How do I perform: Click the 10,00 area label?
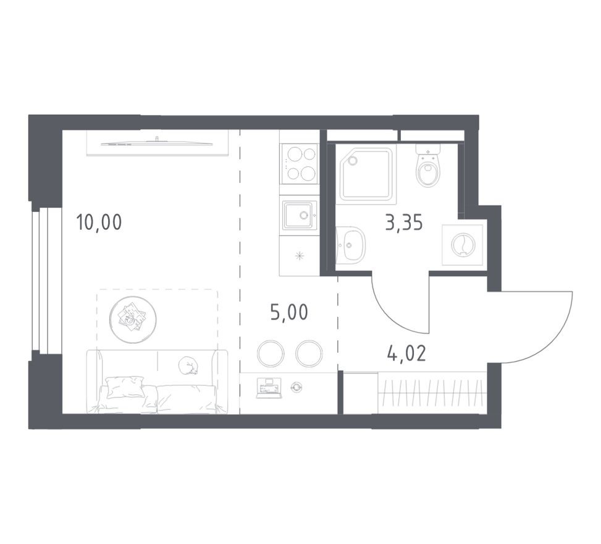click(x=99, y=221)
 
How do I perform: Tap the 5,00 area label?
click(x=288, y=312)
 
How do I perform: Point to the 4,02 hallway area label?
click(x=406, y=354)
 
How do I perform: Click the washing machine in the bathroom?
click(x=463, y=245)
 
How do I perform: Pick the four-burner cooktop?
click(x=299, y=163)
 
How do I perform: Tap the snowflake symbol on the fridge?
click(x=300, y=256)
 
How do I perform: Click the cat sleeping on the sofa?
click(x=188, y=367)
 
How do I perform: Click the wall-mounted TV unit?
click(x=157, y=143)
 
